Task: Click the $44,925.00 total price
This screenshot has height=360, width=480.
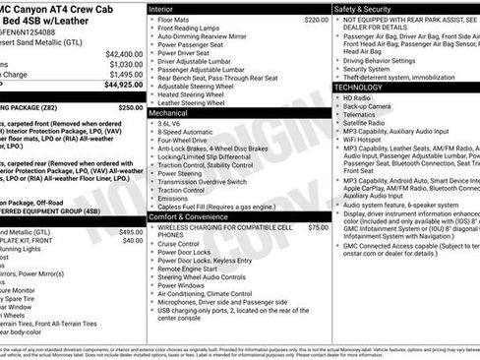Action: pyautogui.click(x=119, y=84)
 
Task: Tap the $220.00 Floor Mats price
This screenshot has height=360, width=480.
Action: pyautogui.click(x=317, y=20)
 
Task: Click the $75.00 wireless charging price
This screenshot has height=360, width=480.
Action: pyautogui.click(x=319, y=227)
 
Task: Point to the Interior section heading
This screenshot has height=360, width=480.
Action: pyautogui.click(x=161, y=8)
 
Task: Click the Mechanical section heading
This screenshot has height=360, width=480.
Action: pyautogui.click(x=169, y=113)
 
